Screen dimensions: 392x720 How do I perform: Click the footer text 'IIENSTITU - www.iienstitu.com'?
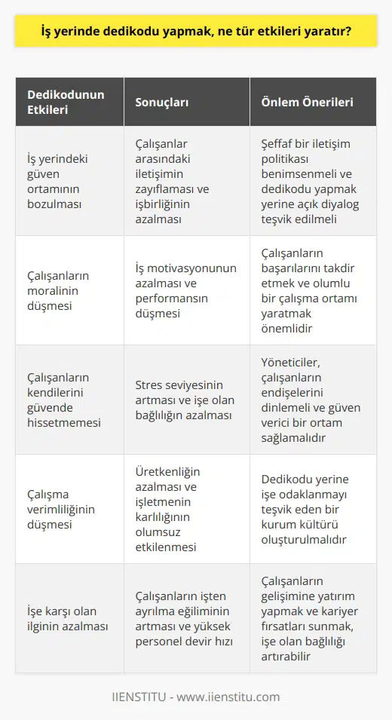coord(195,697)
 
